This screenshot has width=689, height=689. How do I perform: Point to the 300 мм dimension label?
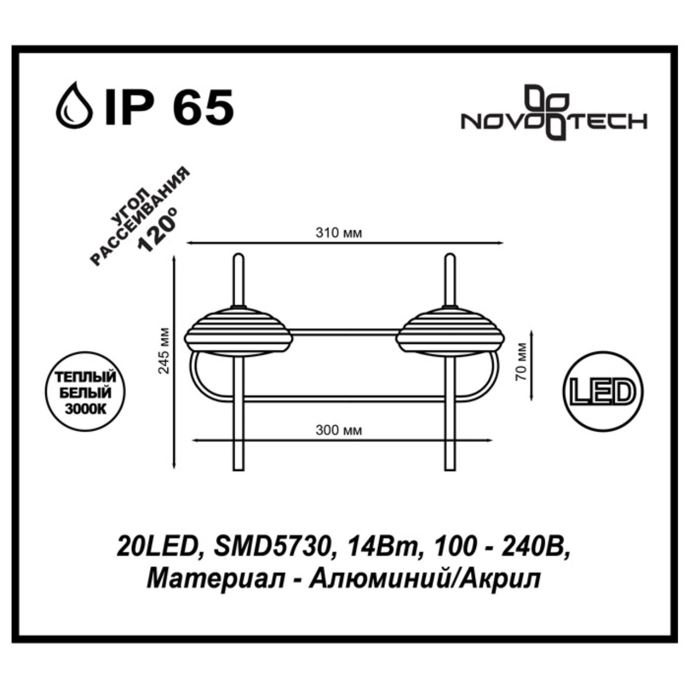339,431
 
